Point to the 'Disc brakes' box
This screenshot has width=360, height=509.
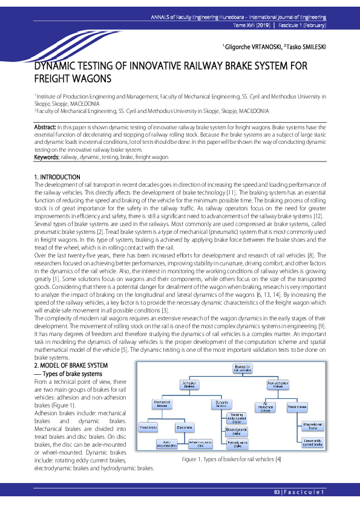click(185, 427)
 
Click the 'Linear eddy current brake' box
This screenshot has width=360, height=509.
click(312, 443)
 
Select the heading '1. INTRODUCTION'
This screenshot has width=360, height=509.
click(57, 177)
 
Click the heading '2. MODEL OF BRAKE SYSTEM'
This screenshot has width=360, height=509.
click(71, 366)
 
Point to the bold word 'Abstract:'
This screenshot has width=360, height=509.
click(45, 128)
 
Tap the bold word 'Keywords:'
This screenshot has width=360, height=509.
click(47, 157)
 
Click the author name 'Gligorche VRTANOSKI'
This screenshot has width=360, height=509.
click(246, 47)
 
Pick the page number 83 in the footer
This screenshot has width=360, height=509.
click(277, 493)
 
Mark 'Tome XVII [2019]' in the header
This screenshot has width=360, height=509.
click(251, 27)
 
